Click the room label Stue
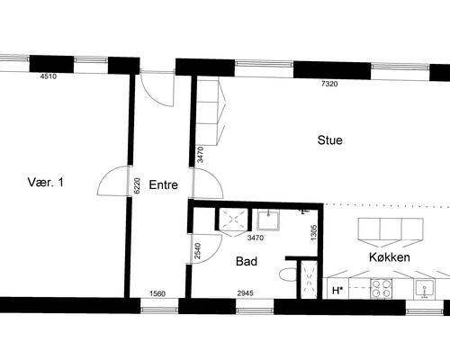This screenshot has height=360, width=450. coord(330,140)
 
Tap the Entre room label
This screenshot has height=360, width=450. coord(164,184)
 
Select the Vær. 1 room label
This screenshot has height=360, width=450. coord(46,182)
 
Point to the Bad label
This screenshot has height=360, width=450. coord(247,261)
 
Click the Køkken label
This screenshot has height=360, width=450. coord(390,257)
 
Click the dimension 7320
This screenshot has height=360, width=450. coord(329,84)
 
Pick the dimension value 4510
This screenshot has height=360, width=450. coord(49,76)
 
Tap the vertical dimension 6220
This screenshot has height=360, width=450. coord(137,185)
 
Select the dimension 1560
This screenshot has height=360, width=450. coord(157,293)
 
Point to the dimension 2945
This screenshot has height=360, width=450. coord(245,293)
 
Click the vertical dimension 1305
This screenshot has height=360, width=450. coord(314,232)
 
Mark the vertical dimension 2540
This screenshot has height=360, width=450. coord(197,251)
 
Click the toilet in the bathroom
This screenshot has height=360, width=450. coord(288,274)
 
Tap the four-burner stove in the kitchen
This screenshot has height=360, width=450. coord(381,289)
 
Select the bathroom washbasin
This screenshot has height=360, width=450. coord(268,220)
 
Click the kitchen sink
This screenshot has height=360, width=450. coord(424,290)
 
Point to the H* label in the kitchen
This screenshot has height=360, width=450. coord(337,291)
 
